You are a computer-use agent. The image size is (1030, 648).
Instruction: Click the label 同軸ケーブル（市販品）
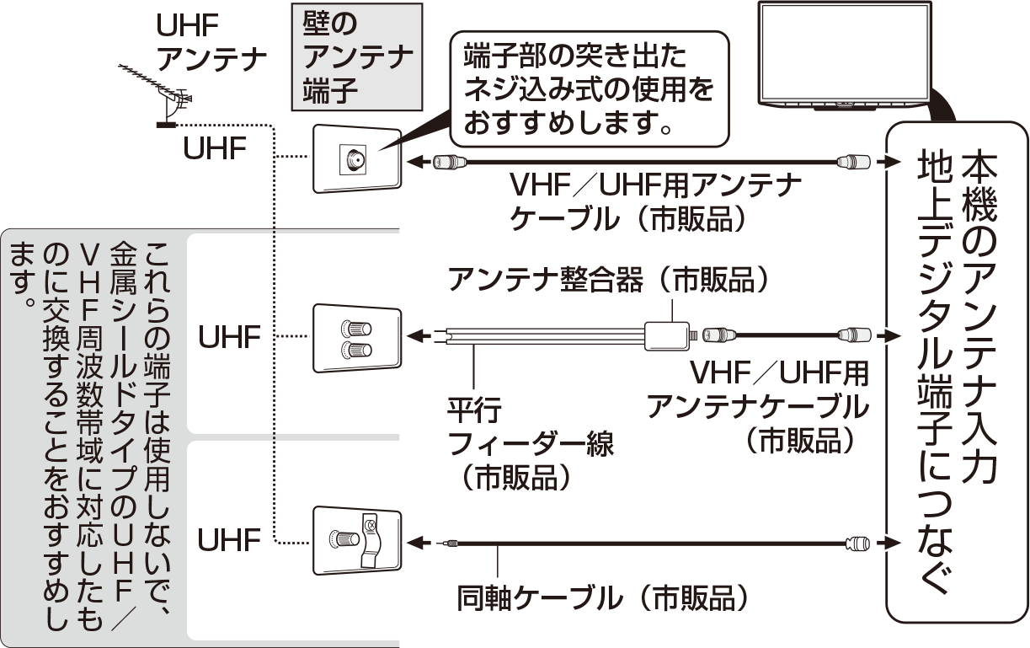pos(602,597)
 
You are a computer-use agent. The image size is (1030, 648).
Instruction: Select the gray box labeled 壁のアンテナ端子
pos(356,57)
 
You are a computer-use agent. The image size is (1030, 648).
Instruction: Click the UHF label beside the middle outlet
pos(230,338)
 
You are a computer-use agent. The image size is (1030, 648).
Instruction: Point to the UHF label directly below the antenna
pos(215,149)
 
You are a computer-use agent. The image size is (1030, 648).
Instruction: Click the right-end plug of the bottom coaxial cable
pos(856,544)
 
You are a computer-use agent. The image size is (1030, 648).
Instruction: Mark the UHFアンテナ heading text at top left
pos(211,42)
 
